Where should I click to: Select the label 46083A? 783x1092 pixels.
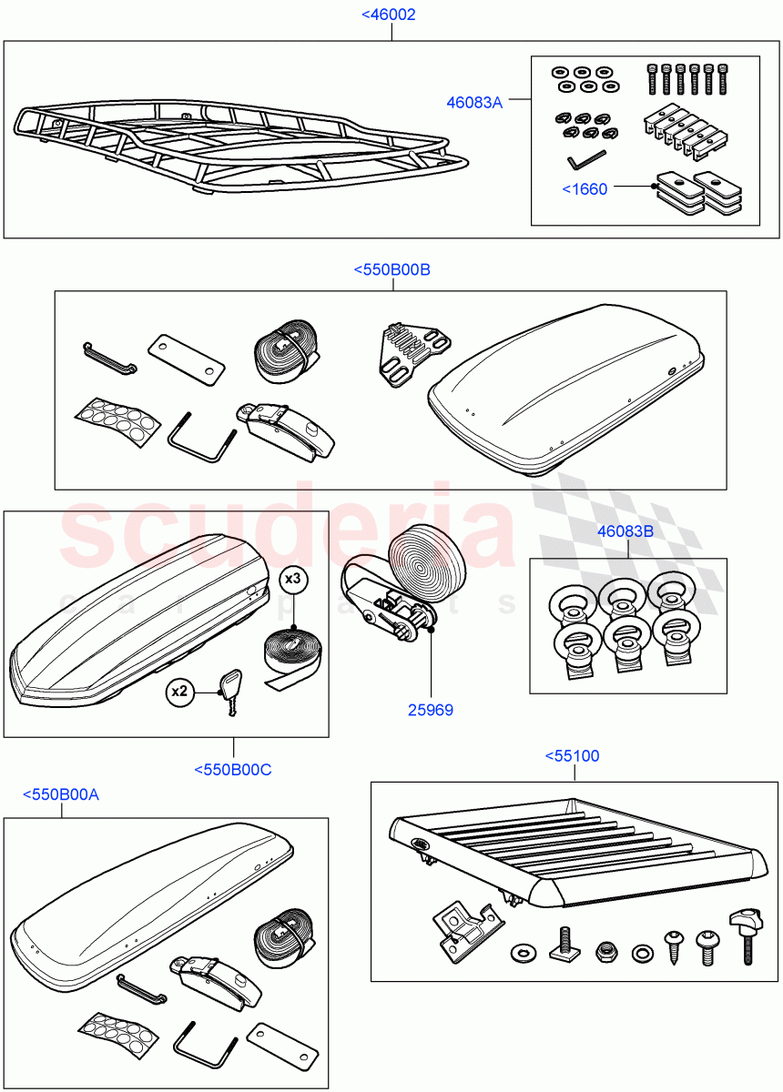(x=473, y=103)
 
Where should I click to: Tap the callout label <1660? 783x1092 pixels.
(x=585, y=189)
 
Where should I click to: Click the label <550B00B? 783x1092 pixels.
(x=391, y=269)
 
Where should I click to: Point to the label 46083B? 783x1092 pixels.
(x=625, y=531)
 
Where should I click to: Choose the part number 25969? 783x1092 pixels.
(x=431, y=710)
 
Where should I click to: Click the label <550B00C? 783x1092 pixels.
(x=233, y=770)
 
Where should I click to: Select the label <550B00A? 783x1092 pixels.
(x=61, y=794)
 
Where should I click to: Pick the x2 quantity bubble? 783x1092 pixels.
(x=181, y=692)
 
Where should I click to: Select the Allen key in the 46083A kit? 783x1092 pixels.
(x=580, y=161)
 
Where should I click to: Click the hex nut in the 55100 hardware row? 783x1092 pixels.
(x=605, y=952)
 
